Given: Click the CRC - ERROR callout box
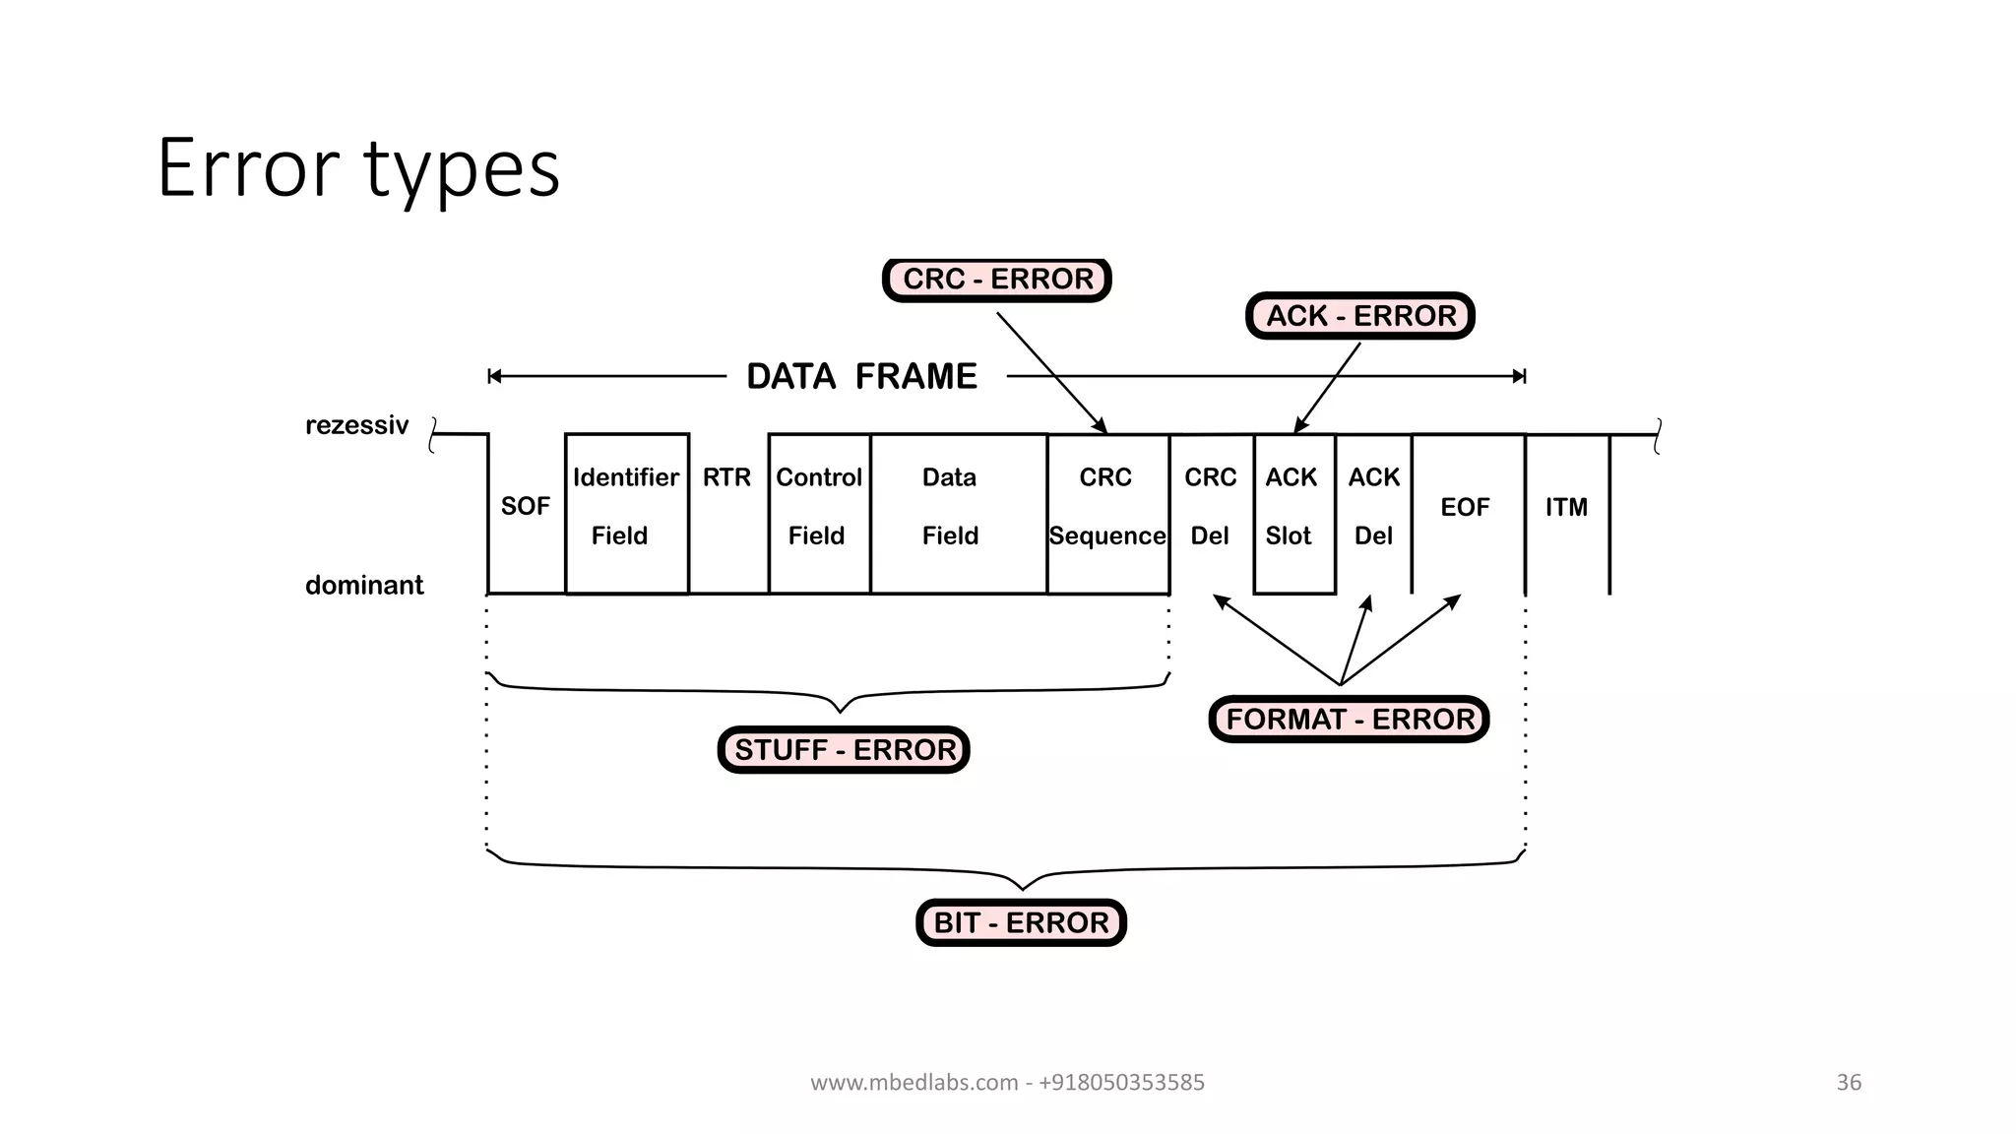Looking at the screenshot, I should tap(997, 280).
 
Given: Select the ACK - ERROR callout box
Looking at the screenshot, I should tap(1360, 316).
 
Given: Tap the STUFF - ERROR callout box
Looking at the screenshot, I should tap(845, 750).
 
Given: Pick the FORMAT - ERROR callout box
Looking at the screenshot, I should tap(1350, 720).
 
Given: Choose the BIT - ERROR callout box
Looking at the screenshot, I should tap(1021, 923).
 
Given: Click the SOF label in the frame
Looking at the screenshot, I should tap(525, 507).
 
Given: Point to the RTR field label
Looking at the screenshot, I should tap(726, 477).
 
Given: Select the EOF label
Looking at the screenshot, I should tap(1465, 507).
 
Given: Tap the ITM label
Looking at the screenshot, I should tap(1566, 507).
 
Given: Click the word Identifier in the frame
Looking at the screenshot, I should tap(626, 477).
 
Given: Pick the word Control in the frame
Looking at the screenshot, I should tap(819, 477).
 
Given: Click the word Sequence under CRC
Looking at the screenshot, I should tap(1107, 536).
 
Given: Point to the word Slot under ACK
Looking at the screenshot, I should tap(1289, 536).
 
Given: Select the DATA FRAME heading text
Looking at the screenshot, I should tap(861, 377).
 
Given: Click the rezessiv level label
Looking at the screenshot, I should tap(356, 425).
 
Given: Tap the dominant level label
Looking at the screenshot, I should tap(364, 586).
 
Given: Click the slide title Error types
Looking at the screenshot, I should tap(358, 168).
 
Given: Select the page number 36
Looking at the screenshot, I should tap(1849, 1083).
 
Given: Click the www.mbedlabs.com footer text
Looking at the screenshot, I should tap(1007, 1083).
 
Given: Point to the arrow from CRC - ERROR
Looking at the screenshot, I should tap(1051, 372).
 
